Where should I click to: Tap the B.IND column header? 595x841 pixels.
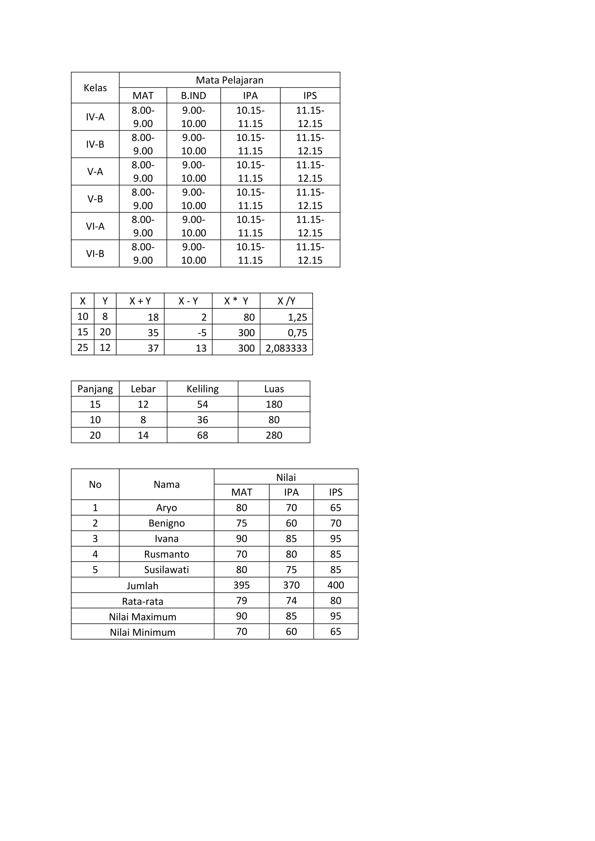(193, 96)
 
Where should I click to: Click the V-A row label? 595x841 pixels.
(95, 171)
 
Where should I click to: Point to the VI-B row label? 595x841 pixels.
(95, 254)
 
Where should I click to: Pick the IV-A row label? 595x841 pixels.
(95, 117)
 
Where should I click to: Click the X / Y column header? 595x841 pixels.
(286, 301)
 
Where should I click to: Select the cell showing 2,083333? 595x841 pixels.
(286, 348)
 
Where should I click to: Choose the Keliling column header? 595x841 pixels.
(202, 389)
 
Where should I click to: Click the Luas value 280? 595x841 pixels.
(274, 435)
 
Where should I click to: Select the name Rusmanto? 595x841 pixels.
(166, 554)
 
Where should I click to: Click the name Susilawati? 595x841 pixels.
(166, 569)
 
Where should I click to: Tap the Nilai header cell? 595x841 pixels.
(286, 477)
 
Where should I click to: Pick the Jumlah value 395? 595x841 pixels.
(241, 585)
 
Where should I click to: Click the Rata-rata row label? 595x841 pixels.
(143, 601)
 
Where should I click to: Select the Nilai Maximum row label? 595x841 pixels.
(143, 617)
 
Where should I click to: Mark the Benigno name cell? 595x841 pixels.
(166, 523)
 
